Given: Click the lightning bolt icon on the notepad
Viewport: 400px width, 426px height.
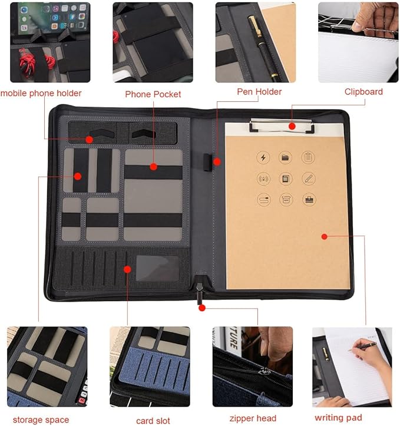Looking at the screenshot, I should (x=263, y=157).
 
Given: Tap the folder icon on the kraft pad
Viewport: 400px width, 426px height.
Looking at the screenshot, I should (x=286, y=157).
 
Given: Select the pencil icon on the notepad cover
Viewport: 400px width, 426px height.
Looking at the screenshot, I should (x=308, y=179).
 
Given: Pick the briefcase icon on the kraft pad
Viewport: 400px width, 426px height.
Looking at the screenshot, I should (x=308, y=199).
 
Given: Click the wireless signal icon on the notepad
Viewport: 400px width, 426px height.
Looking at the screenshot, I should (x=263, y=179).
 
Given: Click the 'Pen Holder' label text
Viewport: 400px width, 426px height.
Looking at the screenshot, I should (x=259, y=92).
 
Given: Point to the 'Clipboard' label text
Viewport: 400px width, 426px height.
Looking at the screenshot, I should (x=363, y=92).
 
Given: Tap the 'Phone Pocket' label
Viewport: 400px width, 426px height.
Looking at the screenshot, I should (x=153, y=94).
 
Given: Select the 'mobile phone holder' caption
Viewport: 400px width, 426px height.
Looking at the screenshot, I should (x=41, y=93).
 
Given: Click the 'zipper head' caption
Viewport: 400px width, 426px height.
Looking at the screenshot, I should (x=254, y=418).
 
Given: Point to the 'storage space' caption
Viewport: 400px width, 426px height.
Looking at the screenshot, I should (x=41, y=420).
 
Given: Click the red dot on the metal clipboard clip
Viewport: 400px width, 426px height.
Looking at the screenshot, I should (x=292, y=125).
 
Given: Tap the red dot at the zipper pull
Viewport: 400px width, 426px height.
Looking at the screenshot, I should (x=201, y=307).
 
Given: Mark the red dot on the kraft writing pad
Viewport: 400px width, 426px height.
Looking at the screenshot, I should (x=323, y=236).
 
